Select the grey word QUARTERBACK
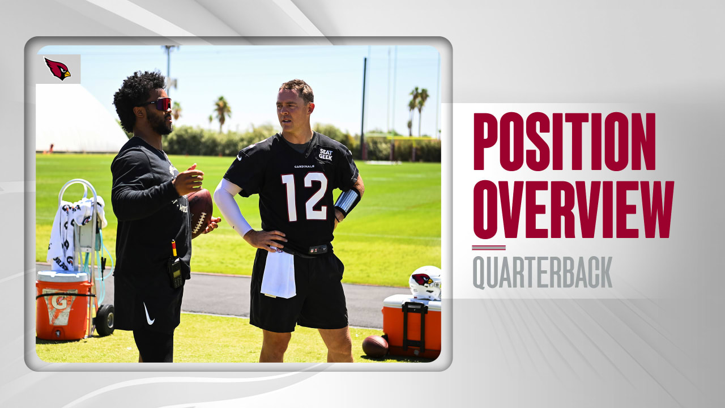(542, 273)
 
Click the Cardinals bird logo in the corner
(58, 69)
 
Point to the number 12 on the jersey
(304, 196)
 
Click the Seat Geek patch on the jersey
(325, 154)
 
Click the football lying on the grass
(375, 346)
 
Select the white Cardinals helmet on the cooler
(426, 282)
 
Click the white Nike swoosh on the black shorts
(148, 313)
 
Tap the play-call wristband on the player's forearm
(347, 201)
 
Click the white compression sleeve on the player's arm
(231, 207)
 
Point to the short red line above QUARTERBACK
(489, 248)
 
